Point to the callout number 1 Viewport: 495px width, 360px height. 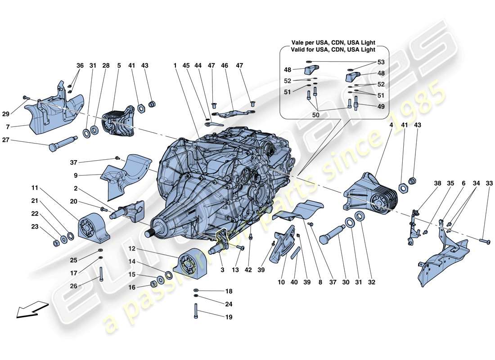[x=175, y=66]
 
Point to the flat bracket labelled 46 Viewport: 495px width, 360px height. [x=232, y=112]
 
